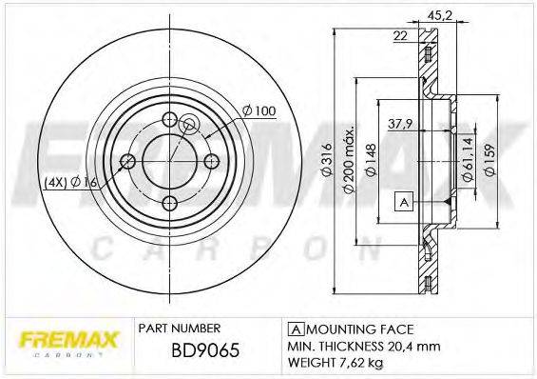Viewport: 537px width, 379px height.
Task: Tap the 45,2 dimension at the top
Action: (440, 14)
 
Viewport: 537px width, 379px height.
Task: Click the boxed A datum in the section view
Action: (402, 201)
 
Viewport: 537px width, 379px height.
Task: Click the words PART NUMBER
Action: (180, 326)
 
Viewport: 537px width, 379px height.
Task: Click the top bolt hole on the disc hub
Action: (170, 120)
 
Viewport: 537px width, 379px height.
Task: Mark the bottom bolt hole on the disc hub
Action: (170, 202)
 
